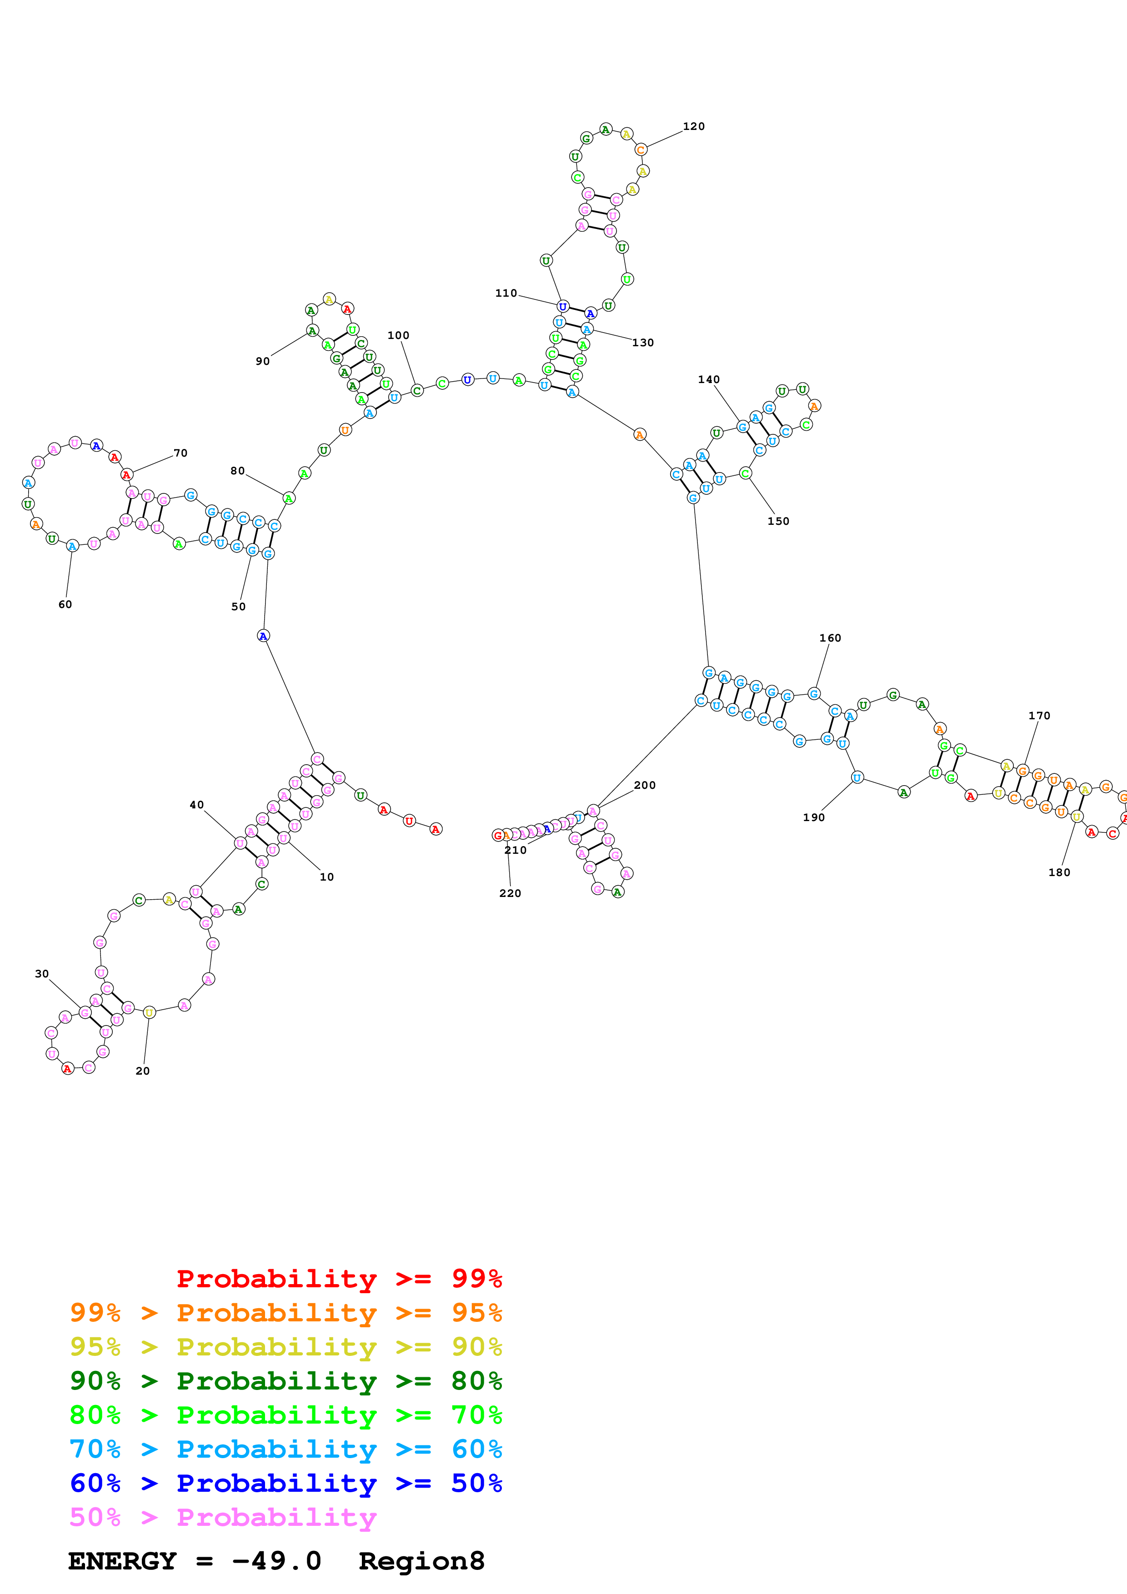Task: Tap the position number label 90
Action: tap(262, 361)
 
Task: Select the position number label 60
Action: tap(65, 605)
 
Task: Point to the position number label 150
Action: tap(778, 521)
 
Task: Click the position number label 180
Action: tap(1059, 873)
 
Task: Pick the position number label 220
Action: tap(510, 893)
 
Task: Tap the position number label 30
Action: tap(42, 974)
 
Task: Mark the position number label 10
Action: tap(326, 877)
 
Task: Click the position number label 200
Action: tap(644, 785)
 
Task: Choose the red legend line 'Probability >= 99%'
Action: tap(339, 1279)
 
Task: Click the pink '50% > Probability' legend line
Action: tap(222, 1518)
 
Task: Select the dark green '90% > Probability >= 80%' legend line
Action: tap(286, 1381)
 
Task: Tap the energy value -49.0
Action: tap(276, 1561)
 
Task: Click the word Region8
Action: tap(421, 1561)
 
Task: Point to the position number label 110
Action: tap(506, 294)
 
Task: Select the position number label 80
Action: tap(237, 471)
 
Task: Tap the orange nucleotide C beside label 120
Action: tap(640, 150)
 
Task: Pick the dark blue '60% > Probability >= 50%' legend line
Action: tap(286, 1484)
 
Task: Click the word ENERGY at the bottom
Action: tap(122, 1561)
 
